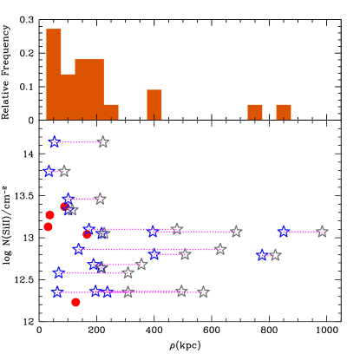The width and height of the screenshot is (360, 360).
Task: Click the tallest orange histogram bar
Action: point(54,74)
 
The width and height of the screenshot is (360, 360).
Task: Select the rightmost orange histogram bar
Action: point(284,112)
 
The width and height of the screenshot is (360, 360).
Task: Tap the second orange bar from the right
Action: point(255,112)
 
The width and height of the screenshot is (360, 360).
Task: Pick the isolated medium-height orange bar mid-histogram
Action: point(154,104)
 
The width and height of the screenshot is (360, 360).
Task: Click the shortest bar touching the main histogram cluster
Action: point(111,112)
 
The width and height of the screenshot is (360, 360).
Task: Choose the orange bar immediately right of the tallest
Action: point(68,96)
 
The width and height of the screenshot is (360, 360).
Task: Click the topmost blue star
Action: point(55,141)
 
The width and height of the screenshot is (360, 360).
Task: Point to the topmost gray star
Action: point(102,141)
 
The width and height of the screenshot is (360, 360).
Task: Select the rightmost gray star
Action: point(322,232)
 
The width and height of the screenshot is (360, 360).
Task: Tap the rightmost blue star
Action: point(284,232)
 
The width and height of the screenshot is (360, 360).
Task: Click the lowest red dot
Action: point(75,302)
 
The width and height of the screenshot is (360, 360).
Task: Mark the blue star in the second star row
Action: point(49,171)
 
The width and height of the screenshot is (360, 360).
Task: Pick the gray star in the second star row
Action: point(64,171)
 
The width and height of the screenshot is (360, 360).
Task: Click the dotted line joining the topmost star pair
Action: point(78,141)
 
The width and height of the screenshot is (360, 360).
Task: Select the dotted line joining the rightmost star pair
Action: point(303,232)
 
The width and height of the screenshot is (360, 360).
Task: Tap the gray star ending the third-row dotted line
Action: point(100,199)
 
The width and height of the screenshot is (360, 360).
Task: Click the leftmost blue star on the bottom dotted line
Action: point(58,292)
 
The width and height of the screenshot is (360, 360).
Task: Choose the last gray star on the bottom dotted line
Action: point(203,292)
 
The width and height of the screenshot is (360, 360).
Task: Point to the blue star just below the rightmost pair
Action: point(263,255)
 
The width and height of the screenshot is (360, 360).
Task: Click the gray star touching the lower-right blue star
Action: point(275,255)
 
